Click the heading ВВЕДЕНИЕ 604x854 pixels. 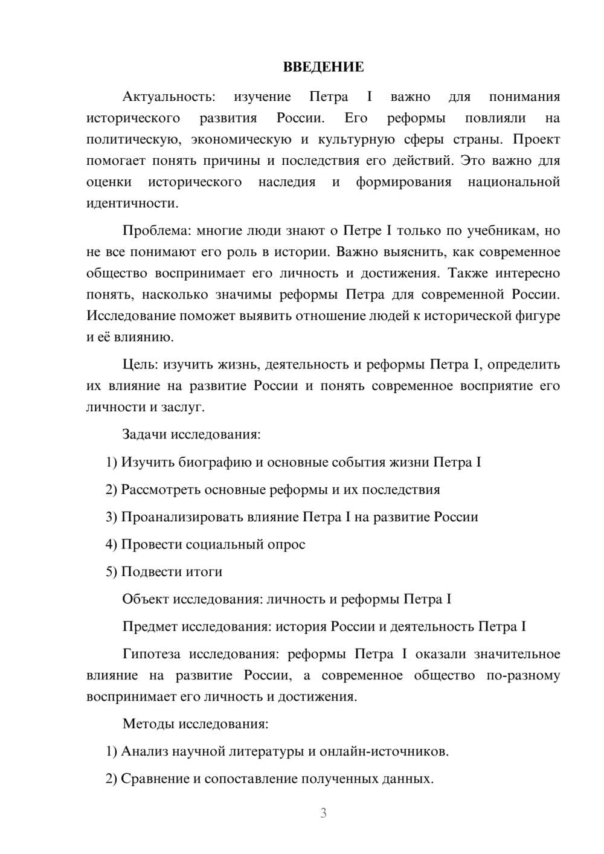pos(323,67)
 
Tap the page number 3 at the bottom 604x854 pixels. pos(323,813)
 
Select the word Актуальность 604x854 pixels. pos(168,97)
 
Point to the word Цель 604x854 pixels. pos(141,364)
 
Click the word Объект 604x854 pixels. pos(146,599)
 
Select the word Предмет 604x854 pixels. pos(150,626)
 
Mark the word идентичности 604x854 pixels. pos(132,203)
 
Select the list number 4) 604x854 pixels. pos(111,544)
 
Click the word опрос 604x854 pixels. pos(286,544)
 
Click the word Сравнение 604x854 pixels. pos(155,779)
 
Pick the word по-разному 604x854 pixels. pos(522,675)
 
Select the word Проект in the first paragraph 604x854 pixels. pos(536,140)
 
